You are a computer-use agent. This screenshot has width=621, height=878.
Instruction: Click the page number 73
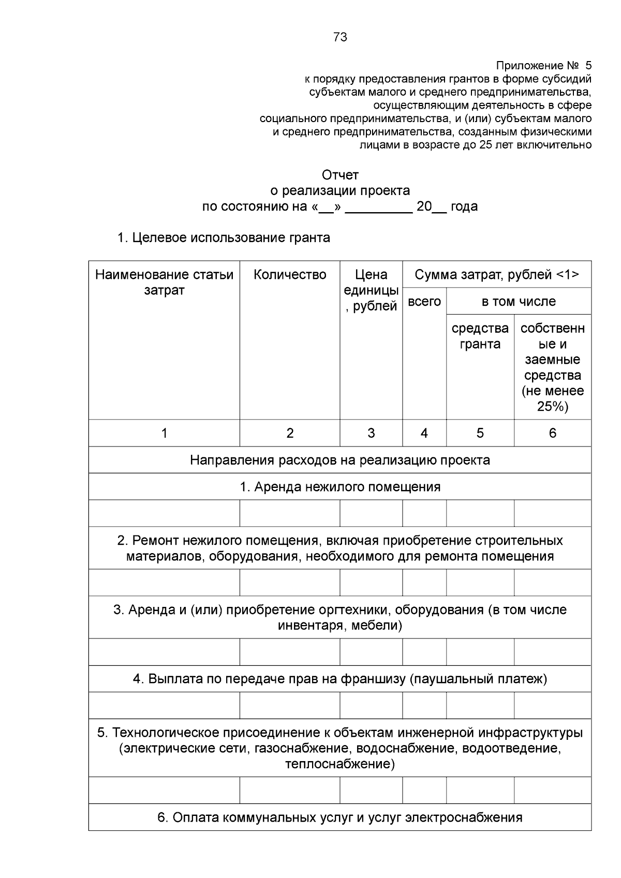pyautogui.click(x=340, y=37)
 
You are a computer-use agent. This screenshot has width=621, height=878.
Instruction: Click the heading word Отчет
pyautogui.click(x=340, y=175)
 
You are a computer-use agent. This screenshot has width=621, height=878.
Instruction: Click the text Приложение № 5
pyautogui.click(x=543, y=66)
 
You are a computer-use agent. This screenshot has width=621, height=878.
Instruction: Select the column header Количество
pyautogui.click(x=290, y=275)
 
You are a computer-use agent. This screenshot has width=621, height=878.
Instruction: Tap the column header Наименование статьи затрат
pyautogui.click(x=164, y=282)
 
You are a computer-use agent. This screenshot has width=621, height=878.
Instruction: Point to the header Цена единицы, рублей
pyautogui.click(x=371, y=290)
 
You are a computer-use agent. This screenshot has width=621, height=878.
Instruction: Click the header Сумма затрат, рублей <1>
pyautogui.click(x=497, y=275)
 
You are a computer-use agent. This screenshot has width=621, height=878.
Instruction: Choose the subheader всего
pyautogui.click(x=424, y=302)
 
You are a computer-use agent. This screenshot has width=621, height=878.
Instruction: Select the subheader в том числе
pyautogui.click(x=519, y=302)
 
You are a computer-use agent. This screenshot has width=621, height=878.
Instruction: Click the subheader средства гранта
pyautogui.click(x=480, y=336)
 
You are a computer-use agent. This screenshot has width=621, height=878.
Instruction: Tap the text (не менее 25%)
pyautogui.click(x=553, y=399)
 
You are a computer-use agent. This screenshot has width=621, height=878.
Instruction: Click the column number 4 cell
pyautogui.click(x=424, y=433)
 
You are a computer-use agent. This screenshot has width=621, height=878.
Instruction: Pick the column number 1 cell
pyautogui.click(x=164, y=433)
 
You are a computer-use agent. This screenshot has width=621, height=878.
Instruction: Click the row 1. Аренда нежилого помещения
pyautogui.click(x=340, y=487)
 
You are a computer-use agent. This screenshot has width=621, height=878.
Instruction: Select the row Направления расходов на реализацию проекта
pyautogui.click(x=340, y=460)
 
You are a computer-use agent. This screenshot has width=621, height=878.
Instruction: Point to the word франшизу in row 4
pyautogui.click(x=373, y=679)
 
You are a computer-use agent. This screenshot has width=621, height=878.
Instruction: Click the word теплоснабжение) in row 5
pyautogui.click(x=340, y=764)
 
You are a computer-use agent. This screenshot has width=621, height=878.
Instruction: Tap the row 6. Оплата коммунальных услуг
pyautogui.click(x=340, y=817)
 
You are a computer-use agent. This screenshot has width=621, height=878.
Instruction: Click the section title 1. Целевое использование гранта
pyautogui.click(x=224, y=238)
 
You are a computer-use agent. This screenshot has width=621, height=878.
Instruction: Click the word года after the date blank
pyautogui.click(x=464, y=207)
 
